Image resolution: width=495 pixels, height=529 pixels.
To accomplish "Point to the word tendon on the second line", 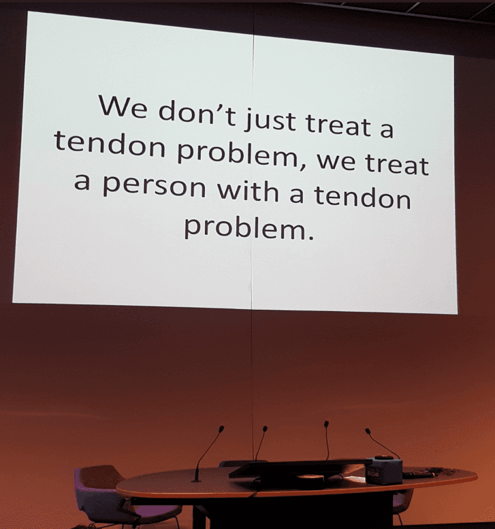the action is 110,144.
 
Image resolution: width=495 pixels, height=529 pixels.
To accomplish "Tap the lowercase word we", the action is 336,161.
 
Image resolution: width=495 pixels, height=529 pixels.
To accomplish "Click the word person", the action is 154,187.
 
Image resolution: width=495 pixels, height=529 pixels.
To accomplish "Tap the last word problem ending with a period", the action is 249,227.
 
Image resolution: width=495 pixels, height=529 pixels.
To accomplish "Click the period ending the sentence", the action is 310,237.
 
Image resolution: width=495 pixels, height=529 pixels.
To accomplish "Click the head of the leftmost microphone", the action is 221,429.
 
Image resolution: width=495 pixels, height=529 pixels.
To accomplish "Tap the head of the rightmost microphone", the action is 368,431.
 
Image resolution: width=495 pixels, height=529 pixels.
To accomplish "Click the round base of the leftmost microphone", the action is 196,480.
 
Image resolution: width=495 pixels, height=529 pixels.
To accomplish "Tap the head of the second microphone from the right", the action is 326,424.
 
